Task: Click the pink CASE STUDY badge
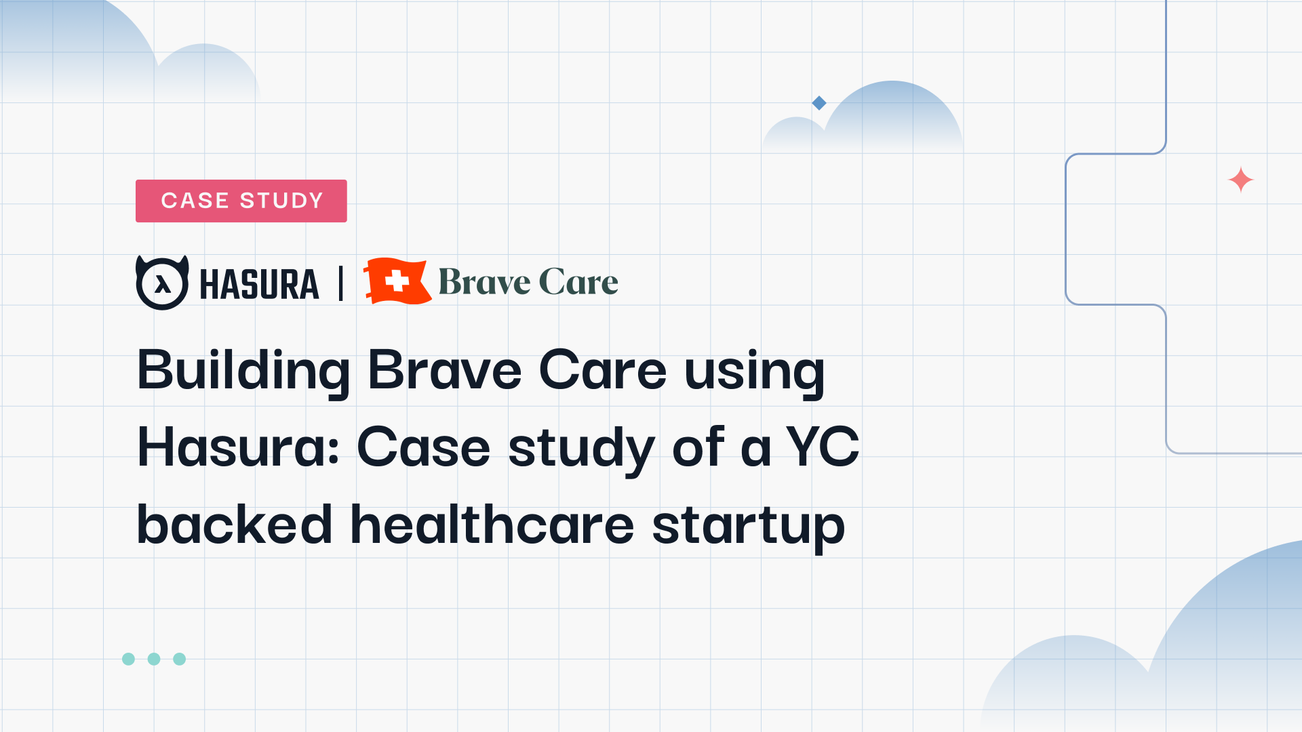(x=241, y=201)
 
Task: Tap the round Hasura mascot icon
(x=162, y=283)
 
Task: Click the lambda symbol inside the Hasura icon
(x=162, y=284)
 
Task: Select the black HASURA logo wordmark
(x=259, y=284)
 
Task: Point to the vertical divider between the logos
(x=341, y=283)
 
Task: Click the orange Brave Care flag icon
(x=397, y=281)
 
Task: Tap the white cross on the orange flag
(x=397, y=281)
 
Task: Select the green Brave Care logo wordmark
(x=528, y=282)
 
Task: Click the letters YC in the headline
(x=823, y=447)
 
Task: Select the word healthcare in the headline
(x=492, y=524)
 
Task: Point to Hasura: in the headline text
(x=238, y=447)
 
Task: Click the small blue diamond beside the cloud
(x=819, y=103)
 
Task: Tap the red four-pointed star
(x=1241, y=180)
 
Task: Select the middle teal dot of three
(x=154, y=659)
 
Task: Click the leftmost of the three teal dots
(x=128, y=659)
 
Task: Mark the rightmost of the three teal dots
(x=180, y=659)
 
